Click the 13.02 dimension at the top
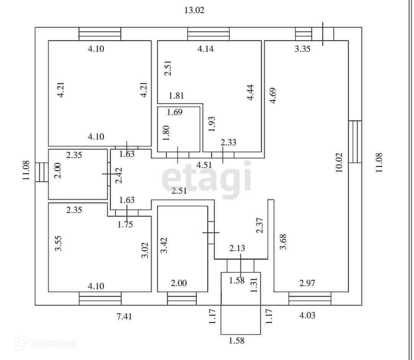[194, 10]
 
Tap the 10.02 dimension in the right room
[339, 163]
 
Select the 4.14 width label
[205, 49]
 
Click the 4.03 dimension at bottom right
[307, 315]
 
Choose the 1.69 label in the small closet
[175, 112]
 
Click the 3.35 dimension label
[302, 49]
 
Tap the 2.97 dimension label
[307, 283]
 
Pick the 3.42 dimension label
[164, 245]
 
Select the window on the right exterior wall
[355, 141]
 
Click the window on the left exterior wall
[42, 172]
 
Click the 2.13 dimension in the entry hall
[237, 248]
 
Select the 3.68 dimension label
[283, 242]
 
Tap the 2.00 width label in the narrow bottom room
[179, 283]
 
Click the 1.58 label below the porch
[237, 340]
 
